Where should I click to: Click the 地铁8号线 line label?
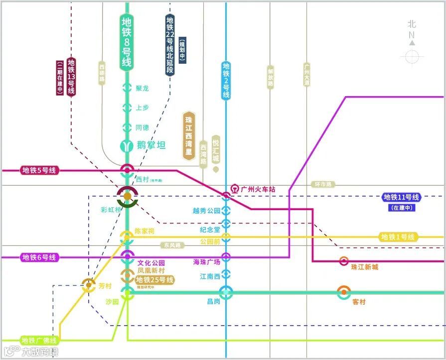(x=127, y=42)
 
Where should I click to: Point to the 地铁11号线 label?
(x=401, y=197)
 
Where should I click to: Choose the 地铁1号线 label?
(x=398, y=237)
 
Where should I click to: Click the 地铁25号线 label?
(x=155, y=280)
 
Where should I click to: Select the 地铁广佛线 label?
(x=39, y=341)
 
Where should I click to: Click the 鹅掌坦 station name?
(x=150, y=145)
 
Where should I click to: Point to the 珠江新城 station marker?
(x=343, y=261)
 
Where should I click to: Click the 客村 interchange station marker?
(x=343, y=292)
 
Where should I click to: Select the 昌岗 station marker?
(x=226, y=292)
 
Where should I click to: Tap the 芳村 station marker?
(x=89, y=285)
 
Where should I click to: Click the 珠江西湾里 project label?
(x=188, y=135)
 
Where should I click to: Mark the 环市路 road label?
(x=323, y=184)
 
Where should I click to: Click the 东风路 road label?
(x=172, y=245)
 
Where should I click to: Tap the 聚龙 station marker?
(x=127, y=88)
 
